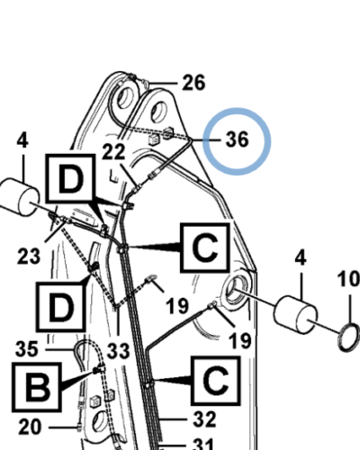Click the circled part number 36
coord(238,139)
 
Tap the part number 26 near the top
coord(194,83)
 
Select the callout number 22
coord(113,151)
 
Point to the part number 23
coord(29,256)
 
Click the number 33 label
coord(118,351)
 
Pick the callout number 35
coord(27,349)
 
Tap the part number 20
coord(30,427)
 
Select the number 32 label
coord(204,419)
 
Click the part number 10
coord(348,279)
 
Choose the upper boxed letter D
coord(70,177)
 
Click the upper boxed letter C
coord(205,247)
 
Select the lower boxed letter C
coord(216,381)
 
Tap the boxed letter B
coord(37,387)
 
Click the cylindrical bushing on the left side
coord(20,197)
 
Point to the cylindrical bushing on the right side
coord(295,315)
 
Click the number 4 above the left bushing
coord(22,140)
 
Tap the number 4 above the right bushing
coord(301,257)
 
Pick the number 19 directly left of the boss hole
coord(177,306)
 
